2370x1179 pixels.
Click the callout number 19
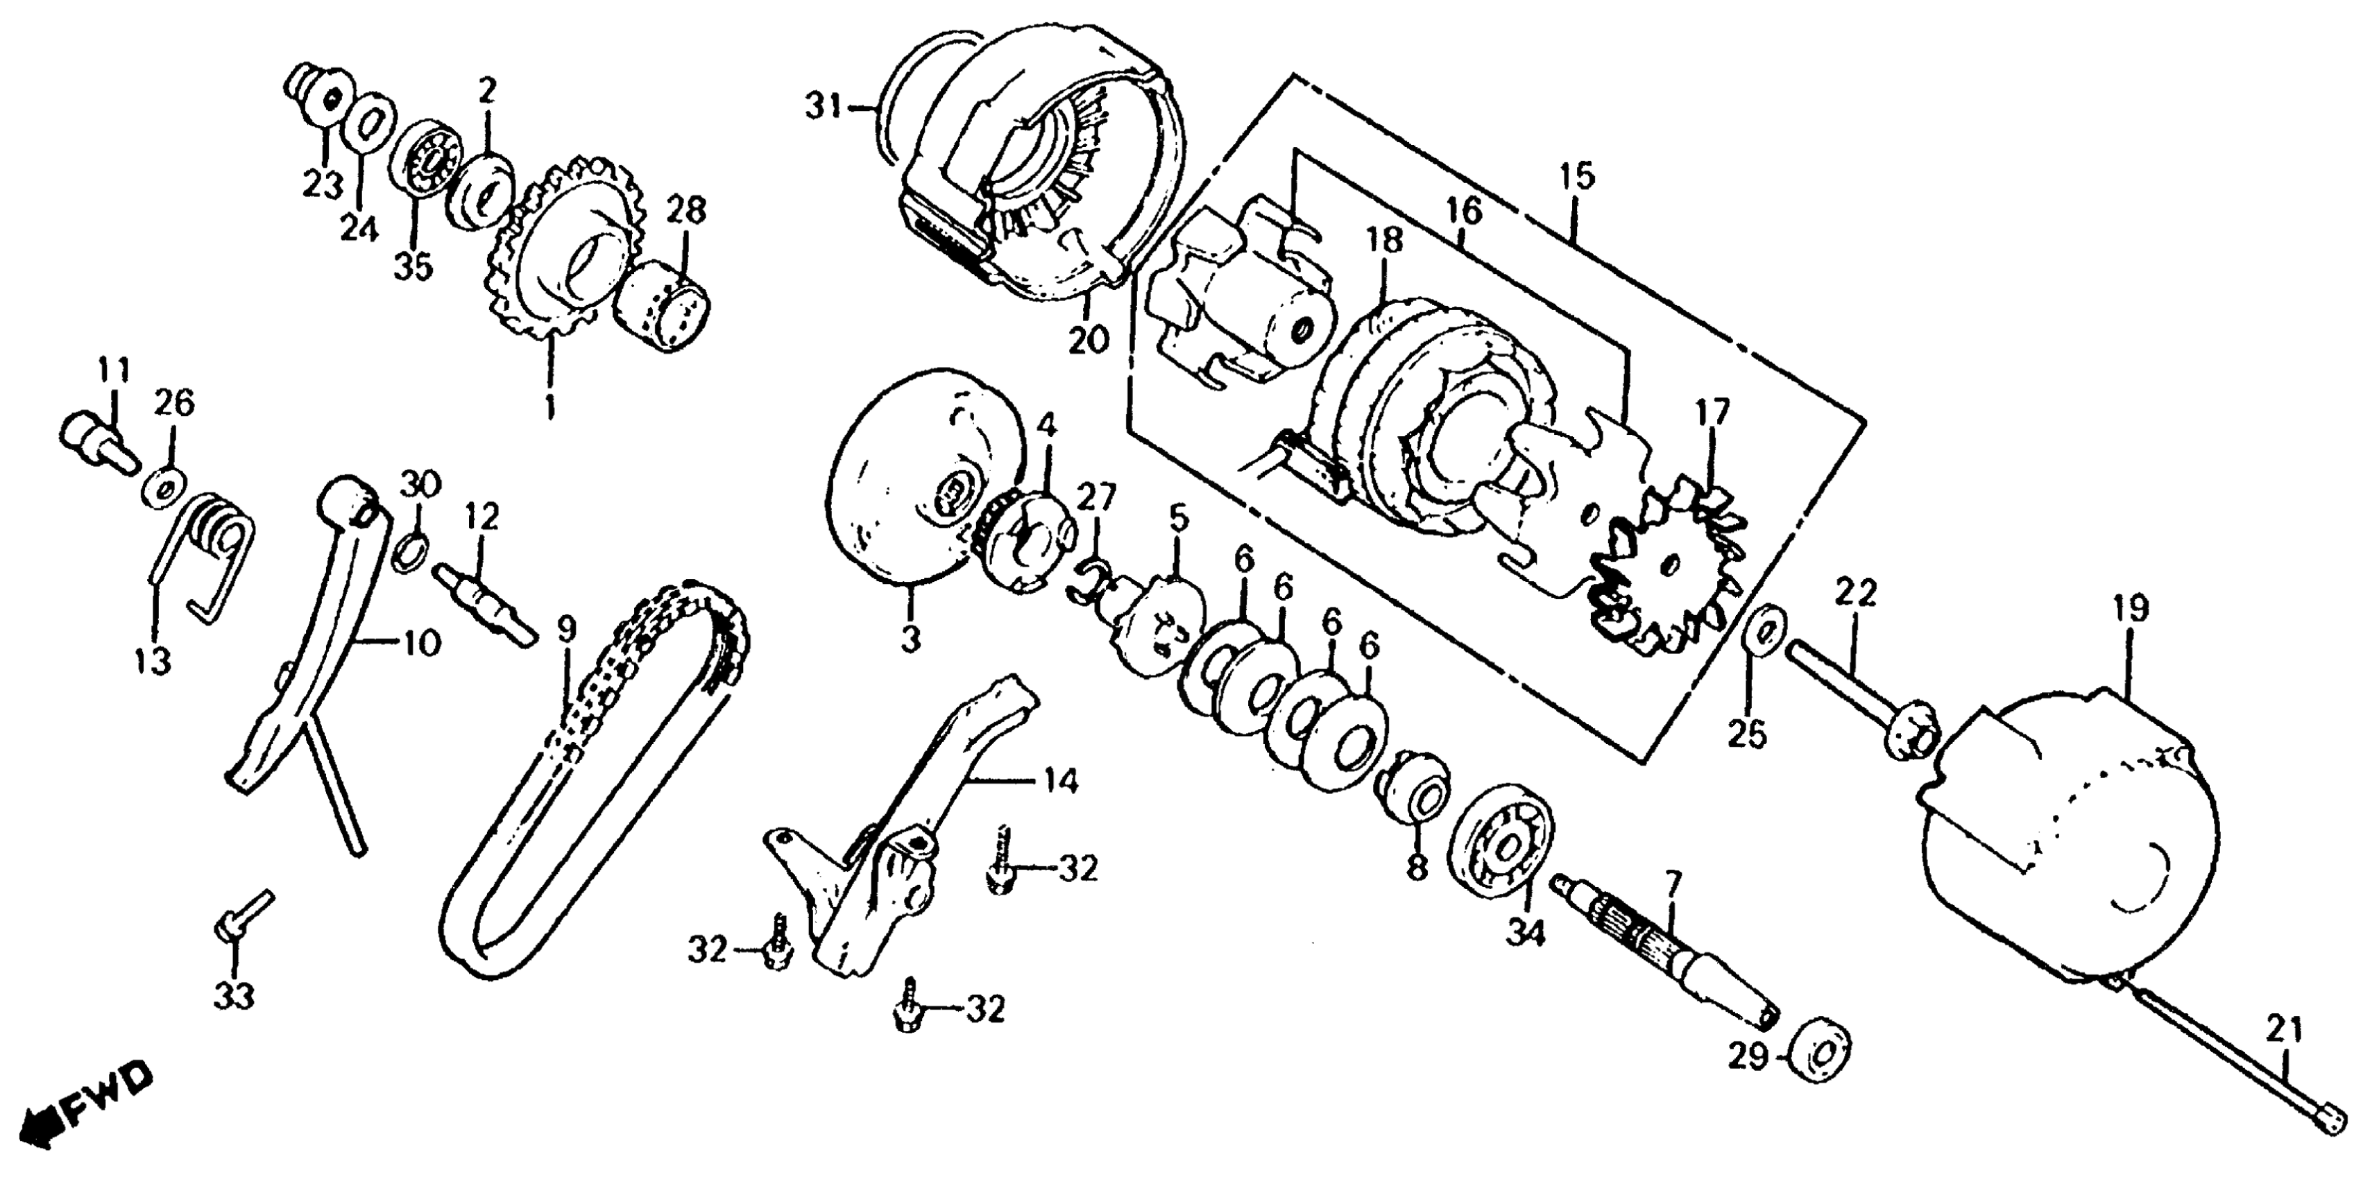coord(2131,610)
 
